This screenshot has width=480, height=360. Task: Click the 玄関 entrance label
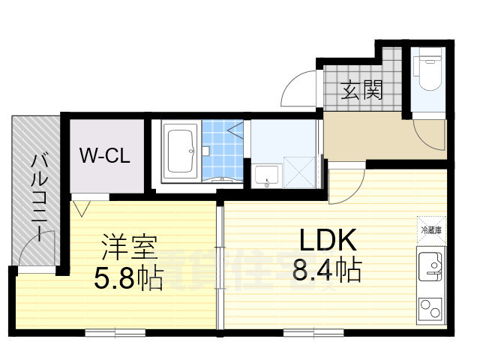(363, 91)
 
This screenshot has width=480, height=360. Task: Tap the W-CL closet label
(106, 157)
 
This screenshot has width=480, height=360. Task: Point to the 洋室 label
(128, 247)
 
